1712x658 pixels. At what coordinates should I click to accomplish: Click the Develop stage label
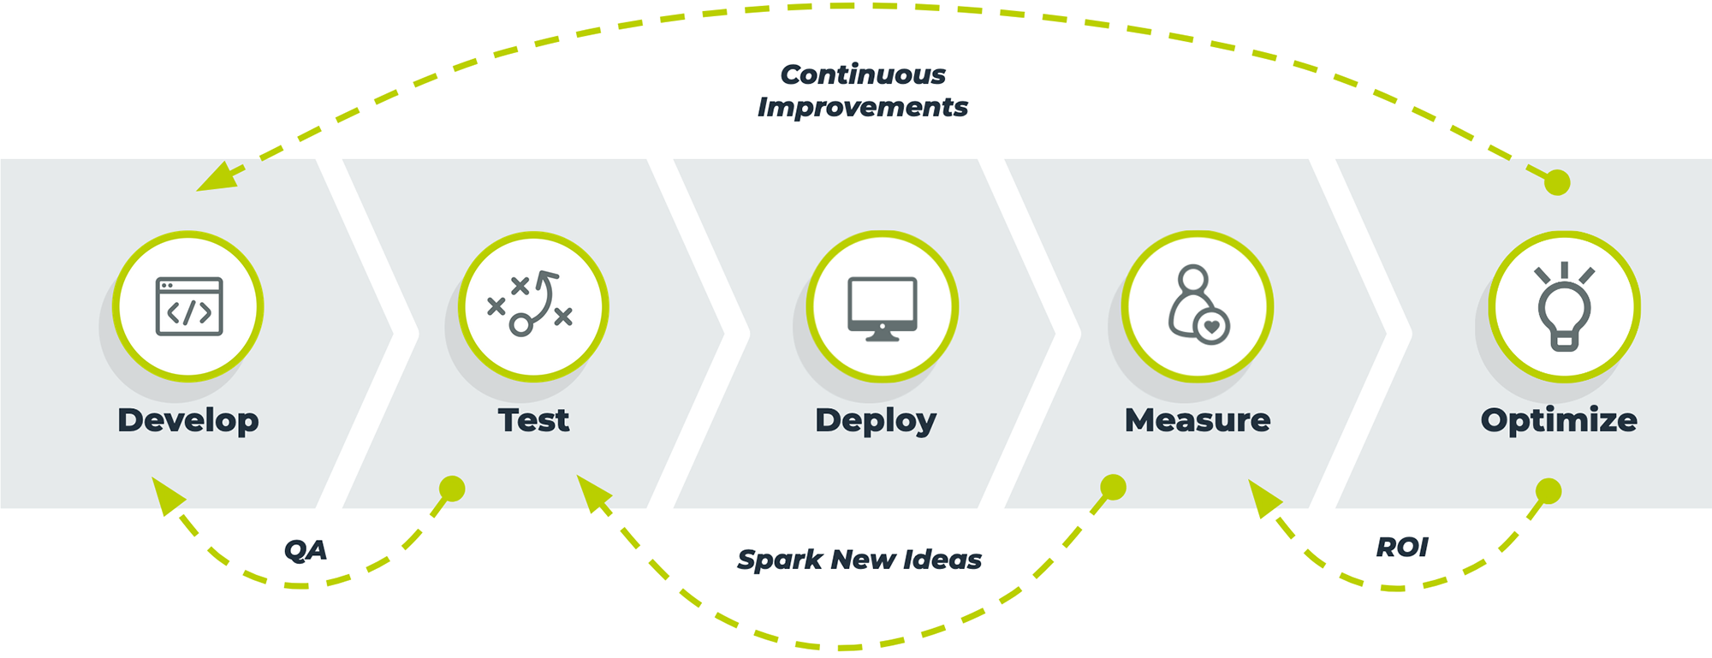point(188,420)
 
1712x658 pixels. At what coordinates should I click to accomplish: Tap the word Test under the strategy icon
point(533,420)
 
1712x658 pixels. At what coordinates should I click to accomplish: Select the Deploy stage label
point(876,420)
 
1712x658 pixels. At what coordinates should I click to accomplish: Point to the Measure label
point(1198,420)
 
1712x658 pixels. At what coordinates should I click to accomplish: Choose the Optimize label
point(1559,420)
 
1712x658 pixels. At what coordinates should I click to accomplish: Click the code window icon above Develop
point(189,306)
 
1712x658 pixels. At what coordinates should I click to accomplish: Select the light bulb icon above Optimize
point(1564,306)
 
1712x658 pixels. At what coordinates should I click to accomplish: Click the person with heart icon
point(1198,306)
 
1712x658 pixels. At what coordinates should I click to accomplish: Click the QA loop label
point(306,549)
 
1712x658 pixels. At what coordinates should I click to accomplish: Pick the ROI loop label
point(1402,547)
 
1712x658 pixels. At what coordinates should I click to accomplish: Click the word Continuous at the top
point(863,74)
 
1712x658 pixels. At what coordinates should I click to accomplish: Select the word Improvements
point(863,107)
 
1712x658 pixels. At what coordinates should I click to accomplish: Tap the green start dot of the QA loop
point(452,489)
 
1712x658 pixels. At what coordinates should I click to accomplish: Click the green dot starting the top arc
point(1557,182)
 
